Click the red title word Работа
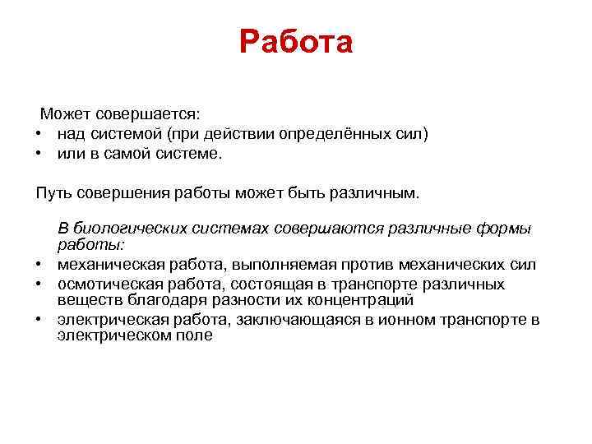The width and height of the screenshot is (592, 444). (x=296, y=42)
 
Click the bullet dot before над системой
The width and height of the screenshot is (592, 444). (x=39, y=134)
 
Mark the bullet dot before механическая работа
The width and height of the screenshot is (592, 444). (x=39, y=265)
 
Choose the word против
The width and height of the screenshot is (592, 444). (x=366, y=264)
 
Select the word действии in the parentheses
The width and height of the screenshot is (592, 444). (x=243, y=133)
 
